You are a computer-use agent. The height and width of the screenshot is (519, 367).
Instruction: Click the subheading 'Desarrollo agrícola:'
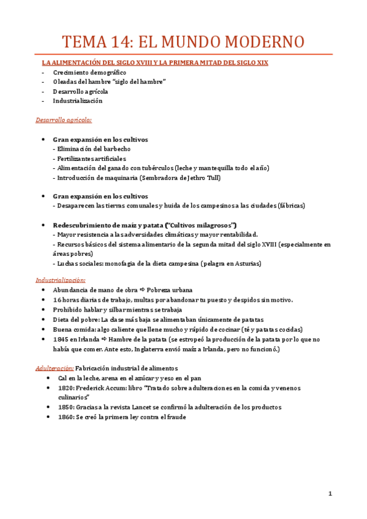[64, 121]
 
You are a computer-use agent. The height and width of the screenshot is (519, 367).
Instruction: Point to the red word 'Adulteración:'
[55, 368]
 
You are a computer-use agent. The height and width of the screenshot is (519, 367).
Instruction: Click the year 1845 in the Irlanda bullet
[61, 339]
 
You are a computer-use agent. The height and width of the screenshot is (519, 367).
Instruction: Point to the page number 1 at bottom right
[330, 494]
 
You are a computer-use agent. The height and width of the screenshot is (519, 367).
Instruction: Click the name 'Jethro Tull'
[202, 177]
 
